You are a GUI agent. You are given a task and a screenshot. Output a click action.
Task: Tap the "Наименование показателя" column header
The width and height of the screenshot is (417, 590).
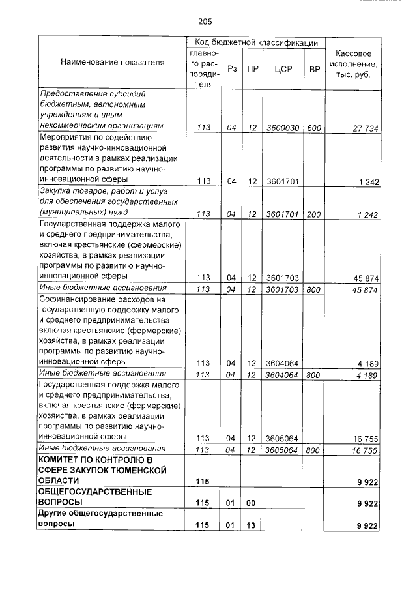(113, 63)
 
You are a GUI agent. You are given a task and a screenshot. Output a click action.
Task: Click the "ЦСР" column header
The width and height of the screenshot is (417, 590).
(282, 69)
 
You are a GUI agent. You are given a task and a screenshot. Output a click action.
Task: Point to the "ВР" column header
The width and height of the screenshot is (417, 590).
(315, 69)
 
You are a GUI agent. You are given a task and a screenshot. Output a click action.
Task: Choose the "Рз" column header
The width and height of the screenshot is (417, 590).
(231, 69)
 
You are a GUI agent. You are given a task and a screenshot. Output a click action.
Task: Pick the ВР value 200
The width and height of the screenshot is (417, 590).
(314, 213)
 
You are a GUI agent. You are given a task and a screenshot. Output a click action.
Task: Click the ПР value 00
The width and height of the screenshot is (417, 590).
(252, 503)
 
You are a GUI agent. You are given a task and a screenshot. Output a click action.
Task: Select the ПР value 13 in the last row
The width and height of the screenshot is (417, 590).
(252, 525)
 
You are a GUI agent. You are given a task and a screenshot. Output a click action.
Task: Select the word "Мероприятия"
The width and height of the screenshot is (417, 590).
(66, 138)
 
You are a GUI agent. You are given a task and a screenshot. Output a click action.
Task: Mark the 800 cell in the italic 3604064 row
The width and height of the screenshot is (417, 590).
(314, 374)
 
